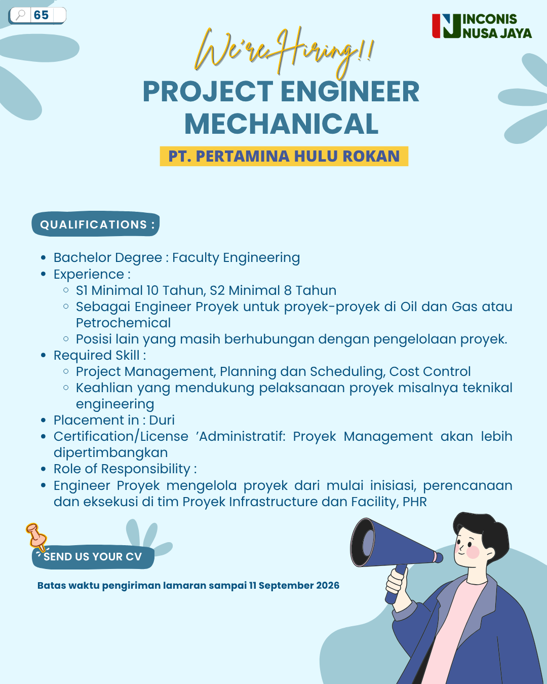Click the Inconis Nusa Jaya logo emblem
pos(446,26)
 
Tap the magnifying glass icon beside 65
pos(21,15)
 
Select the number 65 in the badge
pos(41,15)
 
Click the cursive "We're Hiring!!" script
pos(284,52)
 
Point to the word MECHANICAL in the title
pos(281,124)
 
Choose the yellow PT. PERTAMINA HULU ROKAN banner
pos(284,156)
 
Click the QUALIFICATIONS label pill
pos(95,224)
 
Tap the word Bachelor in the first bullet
pos(83,257)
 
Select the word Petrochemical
pos(123,323)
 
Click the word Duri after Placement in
pos(162,420)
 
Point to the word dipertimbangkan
pos(110,452)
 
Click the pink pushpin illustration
pos(36,537)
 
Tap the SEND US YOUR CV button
pos(93,557)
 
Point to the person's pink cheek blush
pos(473,552)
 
